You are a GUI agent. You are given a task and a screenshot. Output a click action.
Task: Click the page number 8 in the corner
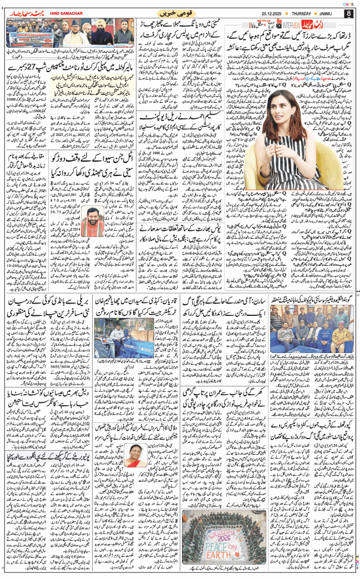[348, 13]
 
